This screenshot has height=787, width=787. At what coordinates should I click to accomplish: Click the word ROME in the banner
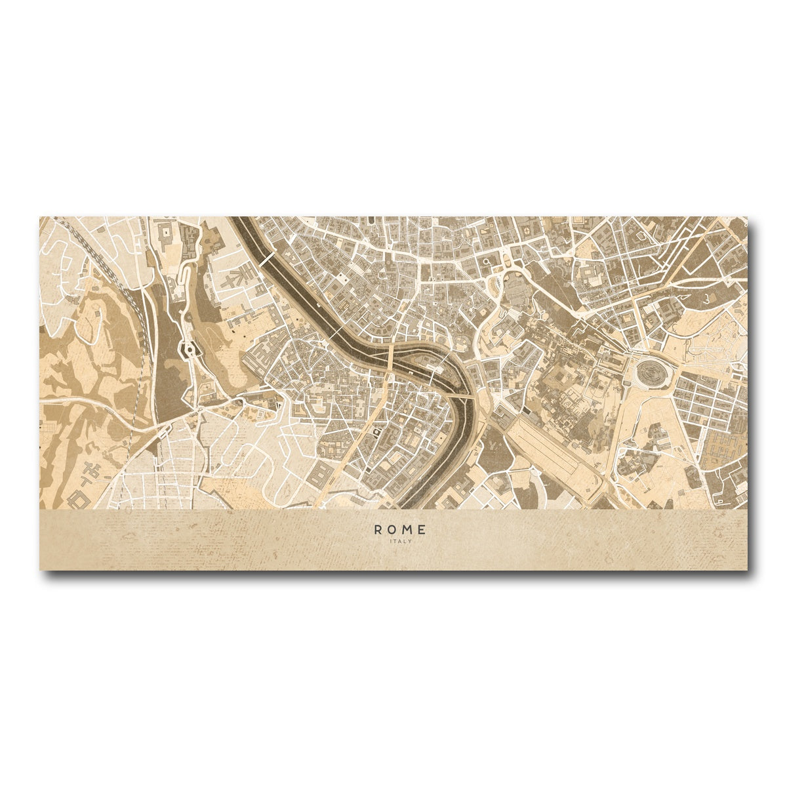coord(400,529)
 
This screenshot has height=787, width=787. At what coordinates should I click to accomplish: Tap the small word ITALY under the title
coord(400,542)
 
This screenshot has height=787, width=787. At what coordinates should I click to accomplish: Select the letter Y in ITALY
coord(410,542)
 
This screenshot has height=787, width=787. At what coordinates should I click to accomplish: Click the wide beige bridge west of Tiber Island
coord(391,358)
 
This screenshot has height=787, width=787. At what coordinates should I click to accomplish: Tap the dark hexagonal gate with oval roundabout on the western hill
coord(191,350)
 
